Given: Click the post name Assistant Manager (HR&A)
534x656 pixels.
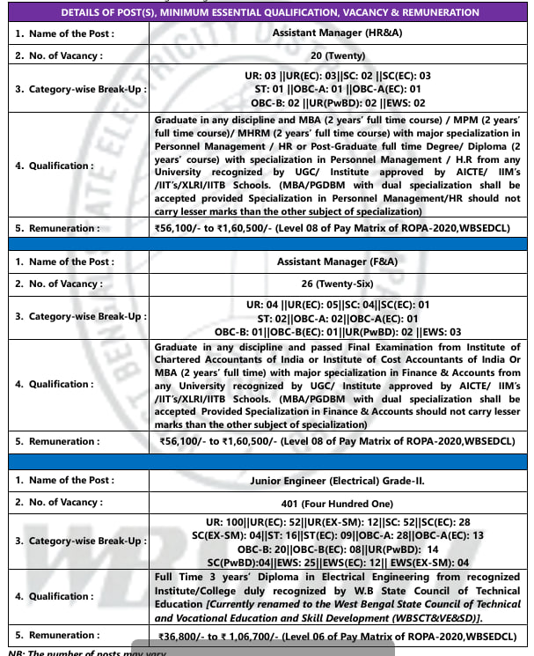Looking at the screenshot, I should click(x=340, y=32).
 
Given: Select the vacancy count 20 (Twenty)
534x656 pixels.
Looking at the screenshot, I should click(x=340, y=55).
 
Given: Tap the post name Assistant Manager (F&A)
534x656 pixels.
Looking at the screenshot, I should click(x=340, y=262).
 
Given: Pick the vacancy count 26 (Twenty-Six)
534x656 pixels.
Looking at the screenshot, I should click(x=340, y=284).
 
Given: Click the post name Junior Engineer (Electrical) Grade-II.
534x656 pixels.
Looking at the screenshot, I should click(x=340, y=480).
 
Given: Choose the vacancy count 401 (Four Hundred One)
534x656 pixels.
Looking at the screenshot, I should click(x=340, y=502).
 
